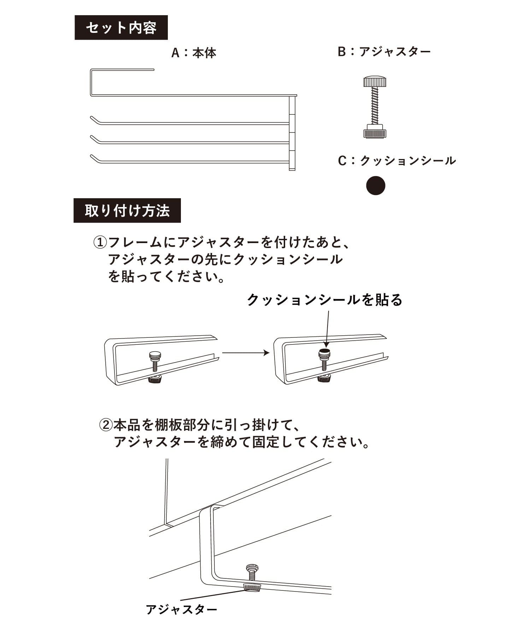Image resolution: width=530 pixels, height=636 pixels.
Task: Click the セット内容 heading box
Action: (x=121, y=28)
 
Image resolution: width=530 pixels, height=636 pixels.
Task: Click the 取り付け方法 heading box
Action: (x=127, y=211)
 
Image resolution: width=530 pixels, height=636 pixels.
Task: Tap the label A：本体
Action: (x=194, y=53)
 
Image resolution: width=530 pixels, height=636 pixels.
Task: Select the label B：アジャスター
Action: (x=384, y=52)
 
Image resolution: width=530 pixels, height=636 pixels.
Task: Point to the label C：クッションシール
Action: (x=397, y=161)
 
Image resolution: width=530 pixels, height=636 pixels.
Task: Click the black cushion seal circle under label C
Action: (x=375, y=185)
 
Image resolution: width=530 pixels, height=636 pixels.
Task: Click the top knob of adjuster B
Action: (x=375, y=82)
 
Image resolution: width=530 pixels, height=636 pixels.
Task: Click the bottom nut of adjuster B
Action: (x=375, y=131)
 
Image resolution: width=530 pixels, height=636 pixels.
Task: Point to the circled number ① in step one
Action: (x=100, y=242)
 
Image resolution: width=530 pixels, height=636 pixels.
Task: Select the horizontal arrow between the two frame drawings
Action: (x=246, y=353)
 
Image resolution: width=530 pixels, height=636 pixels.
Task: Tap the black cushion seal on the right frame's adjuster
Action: (x=325, y=351)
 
